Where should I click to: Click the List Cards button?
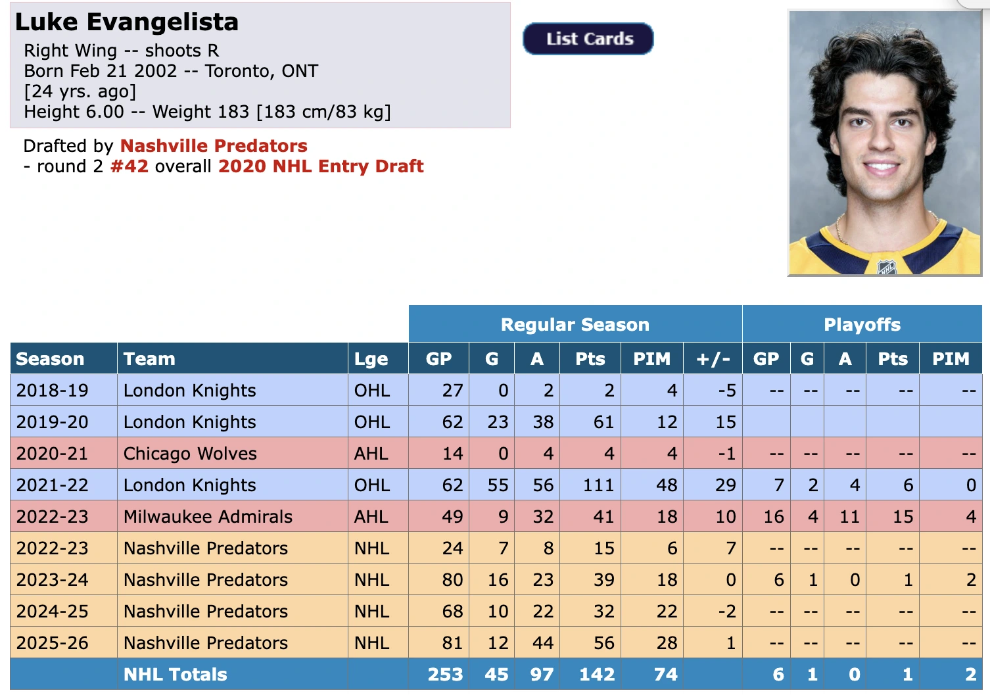(588, 39)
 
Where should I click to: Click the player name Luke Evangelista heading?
(127, 22)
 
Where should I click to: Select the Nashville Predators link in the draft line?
(214, 145)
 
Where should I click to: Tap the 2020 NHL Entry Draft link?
(321, 166)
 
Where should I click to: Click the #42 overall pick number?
(130, 166)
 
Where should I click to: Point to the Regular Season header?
(575, 325)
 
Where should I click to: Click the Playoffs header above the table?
(862, 325)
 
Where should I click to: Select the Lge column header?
(371, 359)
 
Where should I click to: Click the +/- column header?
(713, 358)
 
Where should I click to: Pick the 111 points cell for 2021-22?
(598, 485)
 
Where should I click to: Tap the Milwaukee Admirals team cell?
(208, 516)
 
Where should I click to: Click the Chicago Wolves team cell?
(190, 454)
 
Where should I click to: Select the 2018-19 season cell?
(52, 391)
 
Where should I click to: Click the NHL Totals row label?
(176, 674)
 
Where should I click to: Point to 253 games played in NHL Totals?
(446, 674)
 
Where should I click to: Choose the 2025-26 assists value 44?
(543, 643)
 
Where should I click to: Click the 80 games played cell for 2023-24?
(452, 579)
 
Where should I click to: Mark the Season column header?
(50, 358)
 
